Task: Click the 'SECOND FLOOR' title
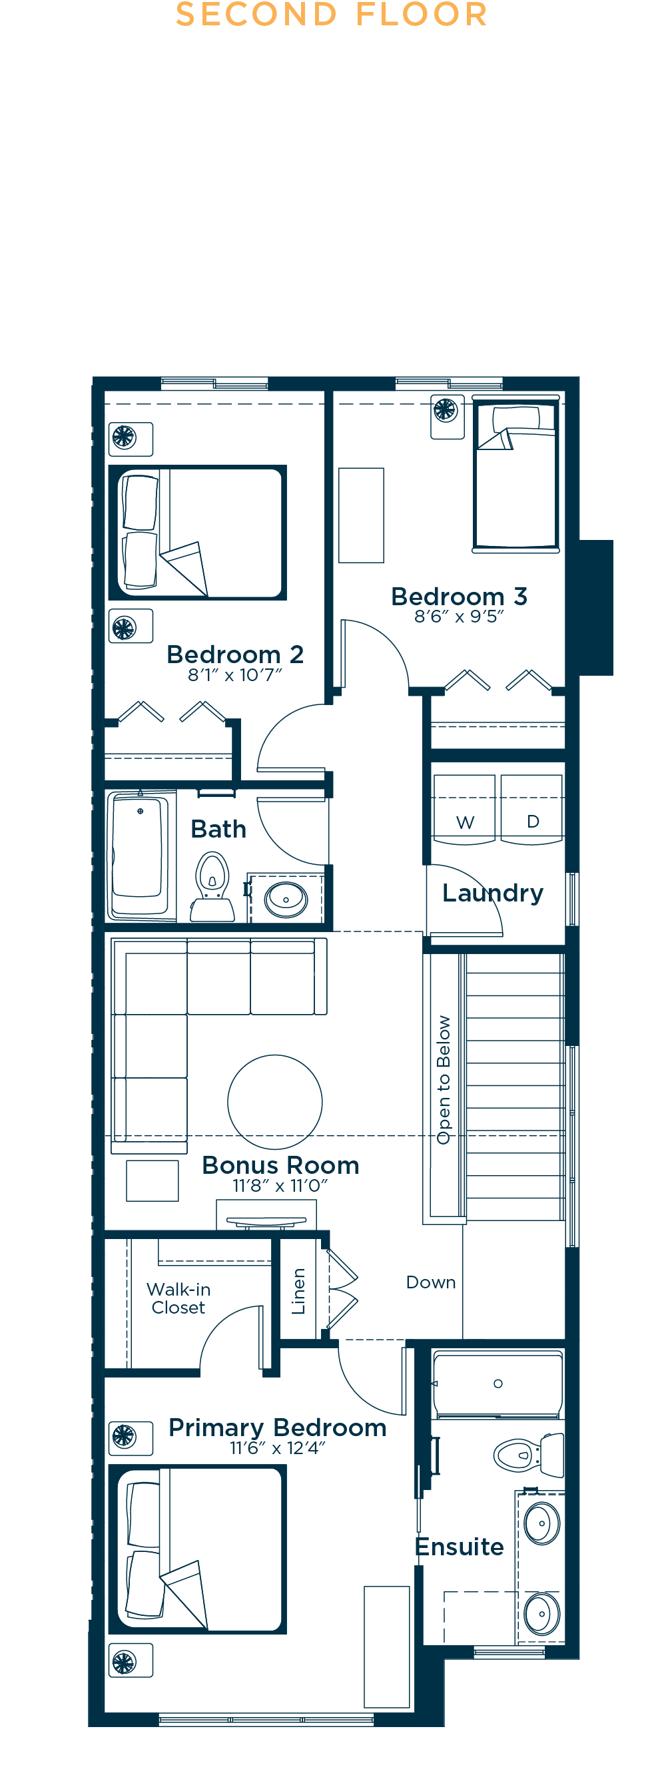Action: pos(332,15)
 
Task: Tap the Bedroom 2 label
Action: pos(235,654)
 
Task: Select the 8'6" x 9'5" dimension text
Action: pos(459,616)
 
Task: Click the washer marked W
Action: pos(464,809)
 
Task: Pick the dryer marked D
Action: pos(531,809)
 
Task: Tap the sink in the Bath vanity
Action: pos(286,899)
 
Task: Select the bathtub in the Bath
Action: pos(139,856)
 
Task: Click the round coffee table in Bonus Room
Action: pos(274,1102)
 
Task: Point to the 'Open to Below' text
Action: pos(444,1079)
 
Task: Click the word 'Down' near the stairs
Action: pos(431,1282)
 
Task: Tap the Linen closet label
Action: pos(298,1291)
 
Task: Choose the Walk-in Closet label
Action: pos(178,1298)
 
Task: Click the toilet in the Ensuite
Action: pos(529,1454)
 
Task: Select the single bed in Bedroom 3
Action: pos(515,475)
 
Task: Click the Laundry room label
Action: pos(493,893)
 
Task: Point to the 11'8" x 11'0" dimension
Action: pos(280,1186)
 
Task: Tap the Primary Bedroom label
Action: pos(278,1427)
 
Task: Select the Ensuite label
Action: pos(460,1546)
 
